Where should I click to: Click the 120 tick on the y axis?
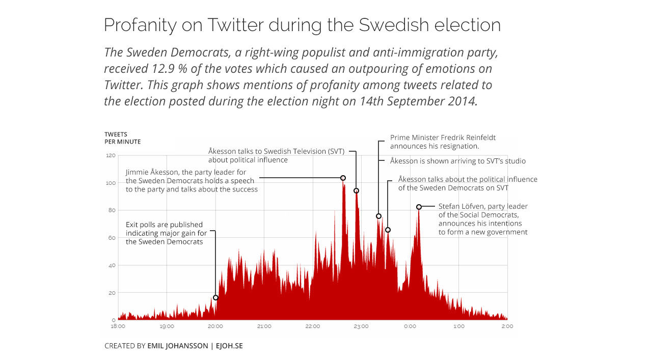(x=111, y=155)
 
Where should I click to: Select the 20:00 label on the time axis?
(x=215, y=326)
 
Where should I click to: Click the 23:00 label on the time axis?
(x=361, y=326)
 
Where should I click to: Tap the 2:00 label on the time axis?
(x=507, y=326)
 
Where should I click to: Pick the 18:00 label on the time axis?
(x=118, y=326)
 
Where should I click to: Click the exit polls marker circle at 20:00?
(x=215, y=297)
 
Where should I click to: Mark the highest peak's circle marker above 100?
(x=343, y=178)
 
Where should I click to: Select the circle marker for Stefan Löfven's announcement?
(x=419, y=207)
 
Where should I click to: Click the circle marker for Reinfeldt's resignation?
(x=378, y=216)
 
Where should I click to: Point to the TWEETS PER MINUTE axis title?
(x=122, y=138)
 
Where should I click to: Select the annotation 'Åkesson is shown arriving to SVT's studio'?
(x=457, y=161)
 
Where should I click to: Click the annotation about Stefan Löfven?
(x=482, y=219)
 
